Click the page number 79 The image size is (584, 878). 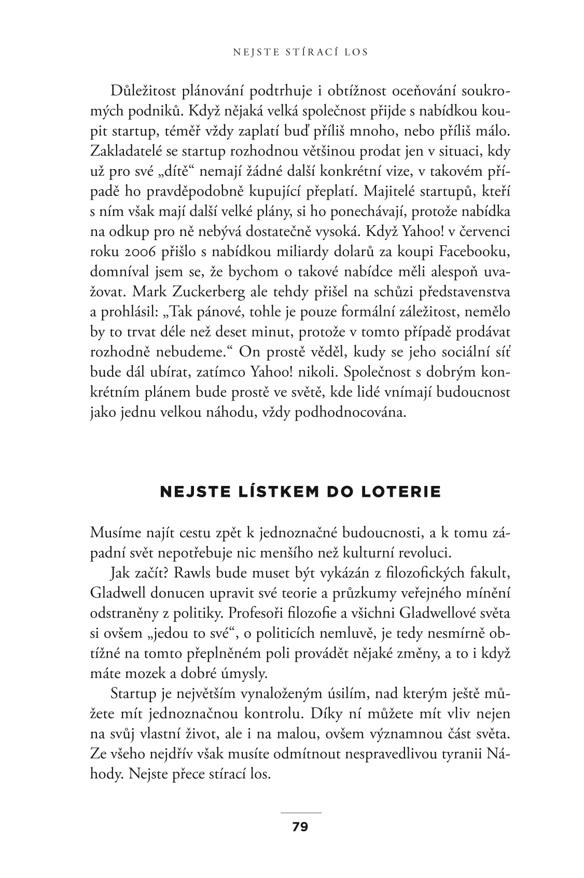[300, 827]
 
